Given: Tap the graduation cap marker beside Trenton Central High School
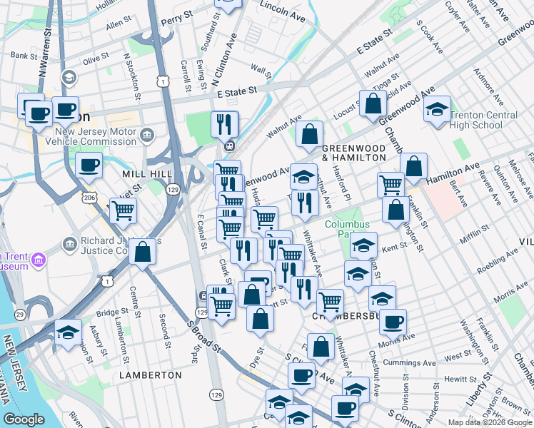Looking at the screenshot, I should (437, 110).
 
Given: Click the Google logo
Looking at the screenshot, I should (24, 419).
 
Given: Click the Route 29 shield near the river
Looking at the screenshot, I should (21, 315).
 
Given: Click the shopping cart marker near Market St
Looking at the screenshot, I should (123, 210).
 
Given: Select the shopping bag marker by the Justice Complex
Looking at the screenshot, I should (143, 251).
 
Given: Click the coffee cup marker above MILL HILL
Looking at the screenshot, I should (89, 166).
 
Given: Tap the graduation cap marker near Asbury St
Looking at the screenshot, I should (69, 333).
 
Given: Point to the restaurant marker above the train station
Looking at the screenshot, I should (224, 124).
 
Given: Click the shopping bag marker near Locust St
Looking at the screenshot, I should (373, 104).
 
